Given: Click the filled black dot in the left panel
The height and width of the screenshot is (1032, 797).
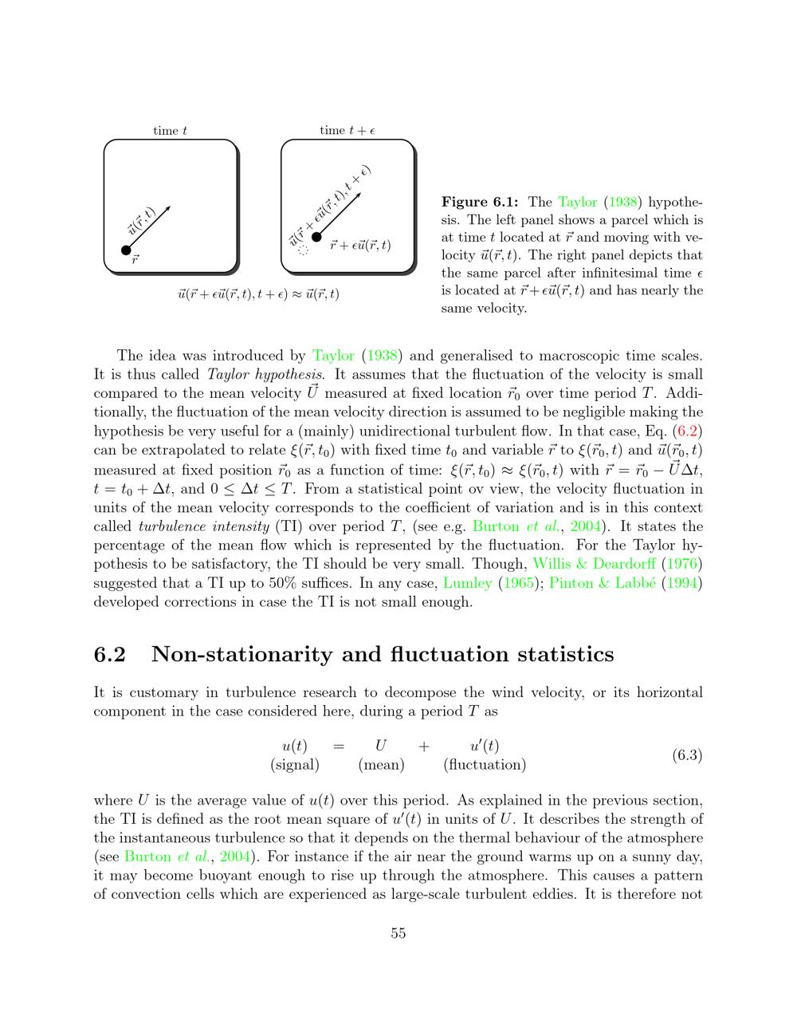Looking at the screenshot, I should [126, 250].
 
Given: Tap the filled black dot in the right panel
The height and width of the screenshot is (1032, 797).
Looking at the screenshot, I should [316, 236].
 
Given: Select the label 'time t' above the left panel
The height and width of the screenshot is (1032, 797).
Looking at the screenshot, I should [171, 131].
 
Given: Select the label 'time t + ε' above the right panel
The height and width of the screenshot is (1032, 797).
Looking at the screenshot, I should [347, 131].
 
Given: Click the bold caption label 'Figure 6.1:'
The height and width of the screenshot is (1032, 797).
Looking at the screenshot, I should [480, 202].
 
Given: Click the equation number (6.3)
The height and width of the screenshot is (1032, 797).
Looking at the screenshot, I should [687, 754].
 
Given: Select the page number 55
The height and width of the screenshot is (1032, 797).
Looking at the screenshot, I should [398, 933].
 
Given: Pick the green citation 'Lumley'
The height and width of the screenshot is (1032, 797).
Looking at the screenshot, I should [467, 584].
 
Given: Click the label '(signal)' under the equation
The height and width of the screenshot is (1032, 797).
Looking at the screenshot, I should [295, 765].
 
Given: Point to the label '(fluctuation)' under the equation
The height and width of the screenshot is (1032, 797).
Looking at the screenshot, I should [485, 765].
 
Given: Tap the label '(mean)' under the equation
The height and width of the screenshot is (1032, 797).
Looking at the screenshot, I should [381, 765].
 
